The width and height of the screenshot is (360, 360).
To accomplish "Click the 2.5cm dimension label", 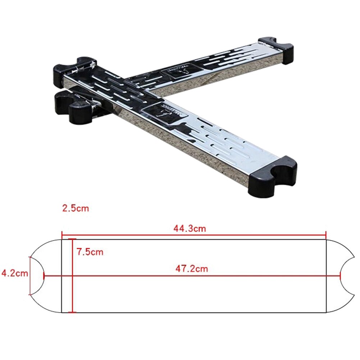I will pyautogui.click(x=75, y=208).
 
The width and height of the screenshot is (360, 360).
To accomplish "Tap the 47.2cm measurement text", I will pyautogui.click(x=192, y=268).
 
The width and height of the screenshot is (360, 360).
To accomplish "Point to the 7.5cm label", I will pyautogui.click(x=90, y=252).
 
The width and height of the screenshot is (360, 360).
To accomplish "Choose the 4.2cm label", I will pyautogui.click(x=14, y=273).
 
